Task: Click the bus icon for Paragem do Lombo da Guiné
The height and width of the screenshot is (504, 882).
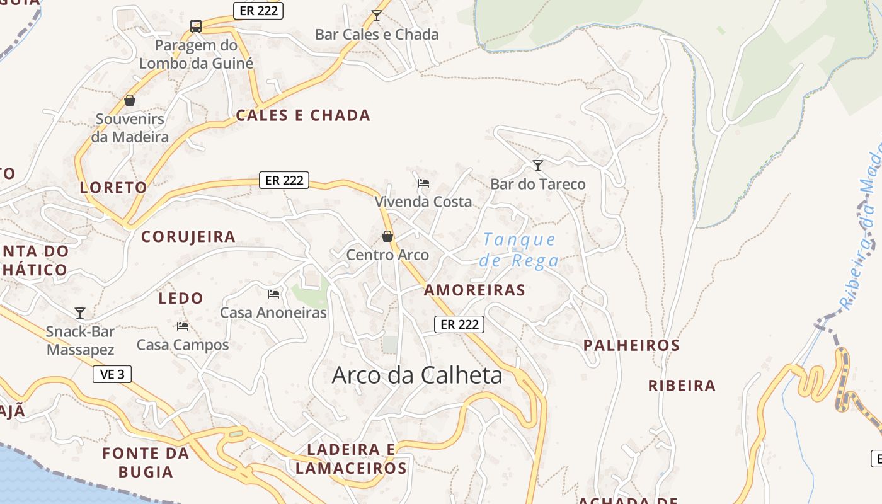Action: point(196,26)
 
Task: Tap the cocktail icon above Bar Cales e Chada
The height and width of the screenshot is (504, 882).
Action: point(377,15)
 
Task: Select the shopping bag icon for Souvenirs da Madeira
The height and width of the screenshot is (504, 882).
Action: point(130,100)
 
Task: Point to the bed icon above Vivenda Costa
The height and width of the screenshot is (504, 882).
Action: point(423,183)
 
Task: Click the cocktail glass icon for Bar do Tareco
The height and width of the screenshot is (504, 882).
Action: point(538,166)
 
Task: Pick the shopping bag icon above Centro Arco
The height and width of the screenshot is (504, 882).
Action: point(387,236)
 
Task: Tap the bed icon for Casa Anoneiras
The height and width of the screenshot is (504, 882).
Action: point(273,294)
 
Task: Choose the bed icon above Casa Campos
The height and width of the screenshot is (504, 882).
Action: point(183,326)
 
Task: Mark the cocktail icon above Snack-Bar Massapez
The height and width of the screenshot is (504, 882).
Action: point(80,313)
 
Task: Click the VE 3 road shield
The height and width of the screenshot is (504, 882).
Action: point(112,374)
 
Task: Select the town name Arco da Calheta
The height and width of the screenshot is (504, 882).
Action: point(417,375)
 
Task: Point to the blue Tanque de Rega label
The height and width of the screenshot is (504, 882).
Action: point(519,250)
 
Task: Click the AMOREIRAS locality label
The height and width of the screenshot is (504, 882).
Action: point(474,290)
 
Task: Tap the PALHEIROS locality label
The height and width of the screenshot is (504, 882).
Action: point(631,345)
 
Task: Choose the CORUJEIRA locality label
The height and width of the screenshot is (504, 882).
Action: point(188,237)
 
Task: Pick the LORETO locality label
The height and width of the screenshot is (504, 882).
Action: point(113,187)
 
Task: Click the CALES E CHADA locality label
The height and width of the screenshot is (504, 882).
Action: point(303,115)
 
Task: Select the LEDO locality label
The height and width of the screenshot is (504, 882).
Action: point(181,298)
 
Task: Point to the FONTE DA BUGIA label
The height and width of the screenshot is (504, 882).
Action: point(146,462)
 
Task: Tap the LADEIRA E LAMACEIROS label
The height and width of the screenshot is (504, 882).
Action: point(351,459)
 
